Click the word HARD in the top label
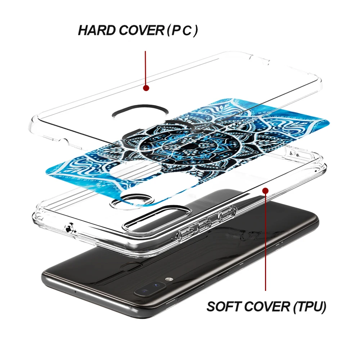pos(95,31)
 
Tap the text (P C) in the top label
pos(182,31)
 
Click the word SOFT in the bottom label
pos(224,307)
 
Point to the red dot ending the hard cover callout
pos(146,88)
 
